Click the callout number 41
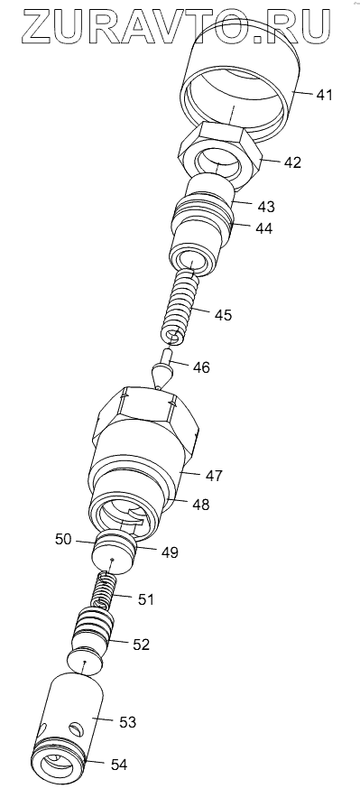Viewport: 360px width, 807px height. coord(324,95)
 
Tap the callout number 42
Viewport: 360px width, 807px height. coord(292,162)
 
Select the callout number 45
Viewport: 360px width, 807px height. coord(223,314)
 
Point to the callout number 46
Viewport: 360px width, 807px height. coord(201,367)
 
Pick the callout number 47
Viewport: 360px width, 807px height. coord(214,475)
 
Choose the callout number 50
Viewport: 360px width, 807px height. coord(64,540)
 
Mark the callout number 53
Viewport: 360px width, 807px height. coord(127,722)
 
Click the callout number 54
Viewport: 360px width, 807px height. coord(119,765)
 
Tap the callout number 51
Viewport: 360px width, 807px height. coord(145,599)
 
